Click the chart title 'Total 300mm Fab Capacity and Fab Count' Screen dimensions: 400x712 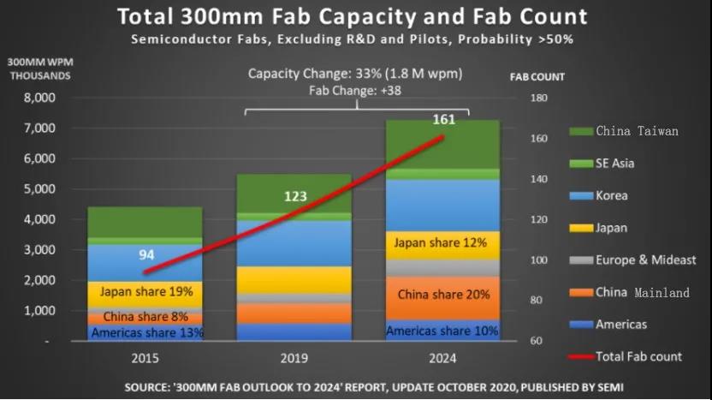pos(352,16)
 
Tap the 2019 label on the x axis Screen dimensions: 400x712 pos(294,358)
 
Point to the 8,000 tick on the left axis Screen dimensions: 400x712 pos(39,98)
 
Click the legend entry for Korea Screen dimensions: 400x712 pos(611,196)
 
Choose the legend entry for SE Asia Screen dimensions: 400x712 pos(614,163)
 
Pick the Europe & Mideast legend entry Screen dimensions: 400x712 pos(645,260)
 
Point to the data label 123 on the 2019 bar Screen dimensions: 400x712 pos(296,196)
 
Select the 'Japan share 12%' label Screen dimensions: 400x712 pos(442,244)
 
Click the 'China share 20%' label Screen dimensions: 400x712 pos(442,295)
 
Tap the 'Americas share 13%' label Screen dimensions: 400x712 pos(147,332)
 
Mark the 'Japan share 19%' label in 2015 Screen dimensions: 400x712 pos(146,291)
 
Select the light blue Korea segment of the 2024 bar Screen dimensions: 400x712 pos(442,206)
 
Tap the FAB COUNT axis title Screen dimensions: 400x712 pos(537,77)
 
